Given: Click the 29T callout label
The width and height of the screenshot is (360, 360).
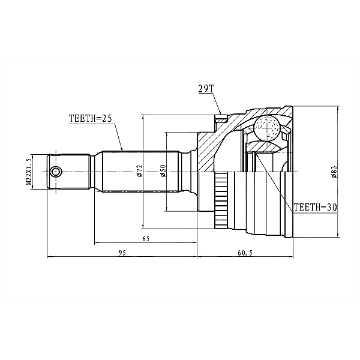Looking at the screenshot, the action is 206,89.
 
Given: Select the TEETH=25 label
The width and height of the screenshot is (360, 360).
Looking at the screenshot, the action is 90,118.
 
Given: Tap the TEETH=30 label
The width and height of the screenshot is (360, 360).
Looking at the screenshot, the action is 315,208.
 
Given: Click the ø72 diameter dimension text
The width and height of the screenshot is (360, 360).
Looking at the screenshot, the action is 140,171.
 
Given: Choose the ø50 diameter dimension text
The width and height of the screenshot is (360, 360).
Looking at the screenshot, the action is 163,171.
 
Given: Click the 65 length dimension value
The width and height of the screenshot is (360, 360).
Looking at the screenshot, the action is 146,239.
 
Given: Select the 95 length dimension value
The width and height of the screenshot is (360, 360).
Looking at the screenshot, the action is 122,253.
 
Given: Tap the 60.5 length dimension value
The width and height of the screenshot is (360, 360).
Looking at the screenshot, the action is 245,253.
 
